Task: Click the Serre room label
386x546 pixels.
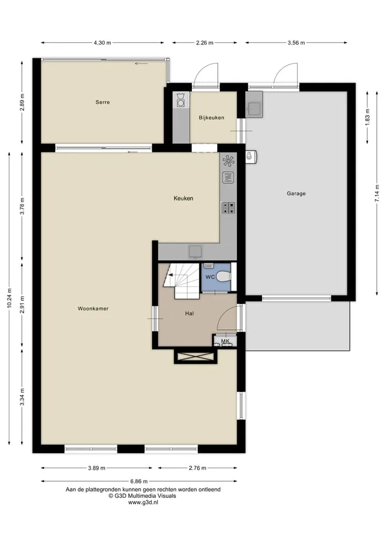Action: [x=103, y=102]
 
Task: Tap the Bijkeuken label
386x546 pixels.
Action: [x=212, y=117]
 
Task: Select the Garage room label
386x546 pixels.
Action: [x=296, y=194]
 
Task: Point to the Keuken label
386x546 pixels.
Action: [x=183, y=198]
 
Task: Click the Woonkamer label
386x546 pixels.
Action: [x=93, y=308]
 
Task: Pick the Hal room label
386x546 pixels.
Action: [x=189, y=313]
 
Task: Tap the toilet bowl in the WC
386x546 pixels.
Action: [x=224, y=277]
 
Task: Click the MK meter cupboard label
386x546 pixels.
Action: [x=225, y=341]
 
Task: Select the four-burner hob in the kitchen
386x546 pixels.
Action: [x=229, y=208]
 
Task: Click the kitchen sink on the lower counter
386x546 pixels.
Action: [x=195, y=251]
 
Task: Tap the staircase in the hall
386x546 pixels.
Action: [x=182, y=281]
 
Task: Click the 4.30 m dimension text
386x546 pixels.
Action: [x=102, y=43]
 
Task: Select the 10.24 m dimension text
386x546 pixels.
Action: [x=10, y=298]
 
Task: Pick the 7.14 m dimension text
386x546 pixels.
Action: [x=376, y=194]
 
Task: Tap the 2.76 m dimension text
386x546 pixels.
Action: [x=197, y=468]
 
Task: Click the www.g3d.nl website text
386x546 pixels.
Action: [x=143, y=502]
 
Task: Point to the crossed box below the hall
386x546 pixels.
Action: [x=195, y=357]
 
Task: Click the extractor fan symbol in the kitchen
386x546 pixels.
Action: [x=229, y=161]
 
